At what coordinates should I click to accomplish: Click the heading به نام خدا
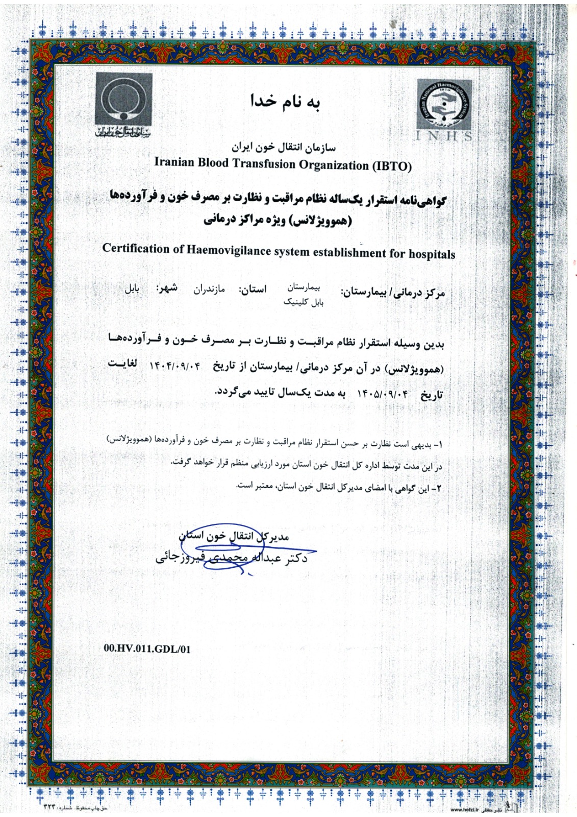[285, 102]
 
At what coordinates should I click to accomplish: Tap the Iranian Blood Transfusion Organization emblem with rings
[123, 99]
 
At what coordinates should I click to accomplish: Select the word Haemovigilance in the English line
[228, 250]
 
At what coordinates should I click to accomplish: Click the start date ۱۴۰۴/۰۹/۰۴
[175, 366]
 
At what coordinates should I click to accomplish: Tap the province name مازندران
[209, 290]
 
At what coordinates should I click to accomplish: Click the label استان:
[253, 290]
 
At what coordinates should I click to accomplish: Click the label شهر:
[167, 288]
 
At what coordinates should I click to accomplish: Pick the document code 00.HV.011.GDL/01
[147, 649]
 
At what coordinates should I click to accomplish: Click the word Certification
[136, 248]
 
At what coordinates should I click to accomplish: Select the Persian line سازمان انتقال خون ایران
[284, 148]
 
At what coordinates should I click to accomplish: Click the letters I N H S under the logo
[444, 136]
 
